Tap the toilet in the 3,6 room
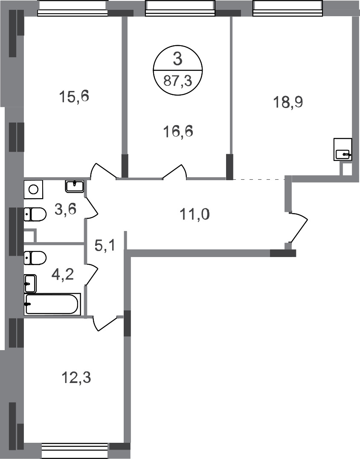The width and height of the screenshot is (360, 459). [x=35, y=214]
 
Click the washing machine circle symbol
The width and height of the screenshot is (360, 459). [x=33, y=189]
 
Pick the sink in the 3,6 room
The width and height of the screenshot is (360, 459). [x=75, y=185]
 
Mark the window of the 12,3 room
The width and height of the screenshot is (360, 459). [x=75, y=450]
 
